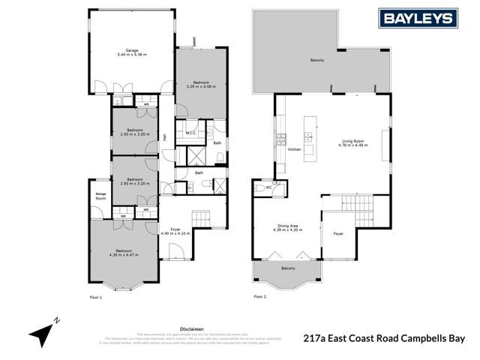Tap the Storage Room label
point(100,196)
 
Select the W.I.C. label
point(190,134)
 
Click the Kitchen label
point(295,149)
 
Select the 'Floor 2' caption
point(259,297)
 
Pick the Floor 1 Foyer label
point(175,229)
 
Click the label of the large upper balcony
point(316,60)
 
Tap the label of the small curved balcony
point(288,268)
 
